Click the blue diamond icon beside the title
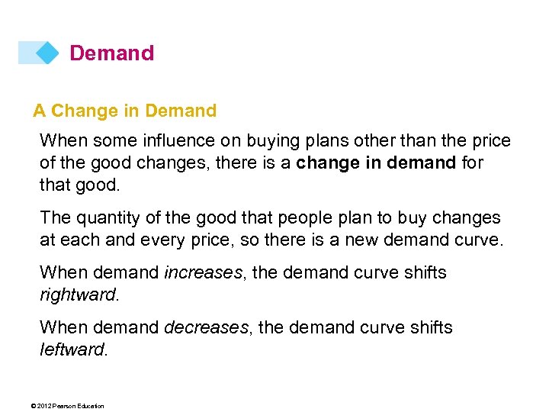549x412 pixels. point(47,53)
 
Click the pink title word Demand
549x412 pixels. point(111,53)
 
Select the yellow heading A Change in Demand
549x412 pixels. point(125,111)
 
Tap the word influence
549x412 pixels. point(166,141)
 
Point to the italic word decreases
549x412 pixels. point(206,327)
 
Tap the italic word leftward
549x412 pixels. point(72,349)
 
